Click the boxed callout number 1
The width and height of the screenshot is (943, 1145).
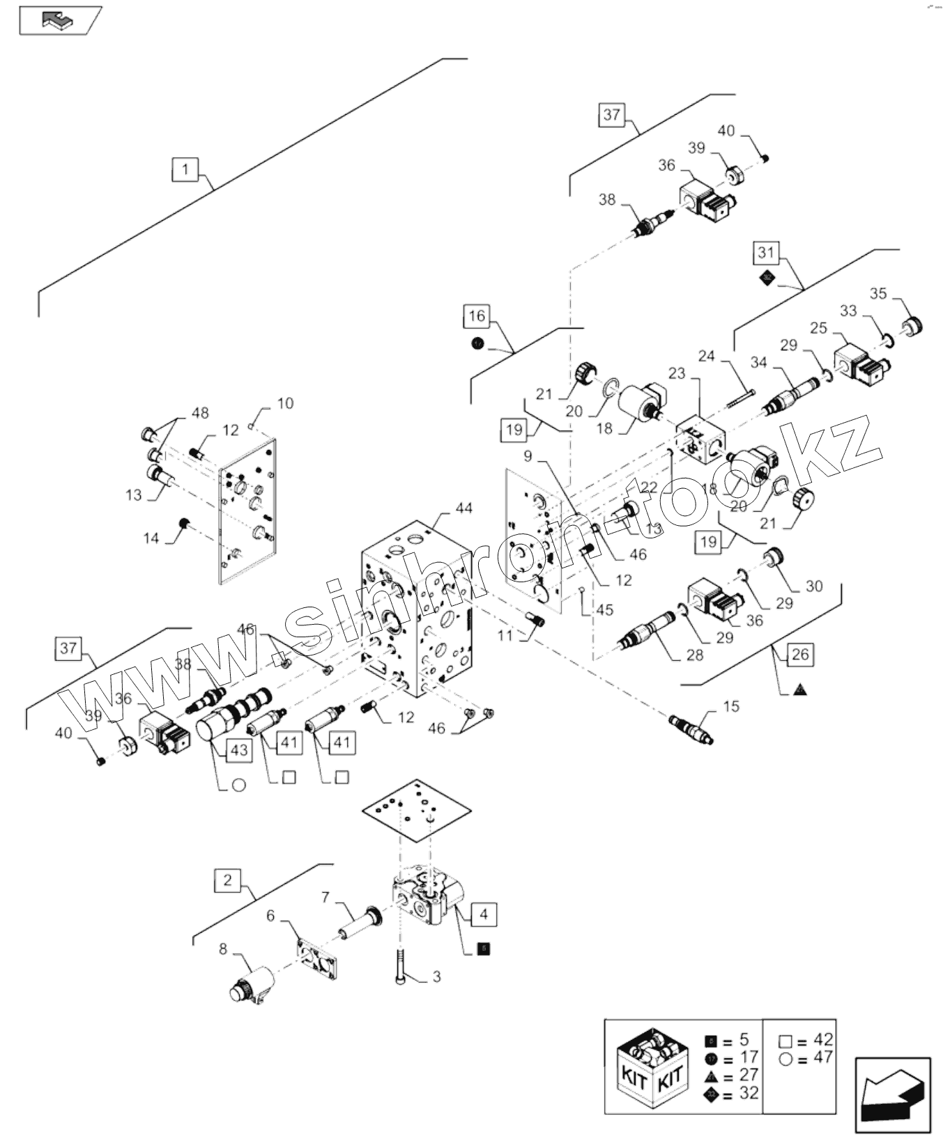(x=184, y=169)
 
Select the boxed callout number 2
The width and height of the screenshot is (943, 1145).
(x=227, y=880)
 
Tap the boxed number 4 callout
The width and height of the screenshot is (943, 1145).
(x=484, y=914)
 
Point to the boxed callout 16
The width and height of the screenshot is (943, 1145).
(x=477, y=316)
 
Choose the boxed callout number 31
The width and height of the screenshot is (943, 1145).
(x=766, y=252)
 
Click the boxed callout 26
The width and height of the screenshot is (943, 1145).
(x=800, y=654)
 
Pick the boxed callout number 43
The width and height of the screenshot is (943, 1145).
(x=239, y=750)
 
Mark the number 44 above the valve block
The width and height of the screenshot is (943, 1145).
(x=463, y=508)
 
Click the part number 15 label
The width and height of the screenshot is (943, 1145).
(x=730, y=707)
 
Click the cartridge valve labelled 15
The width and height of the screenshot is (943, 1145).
(x=691, y=728)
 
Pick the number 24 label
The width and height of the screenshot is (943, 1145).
(x=706, y=356)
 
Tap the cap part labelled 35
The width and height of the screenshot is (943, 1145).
(x=912, y=325)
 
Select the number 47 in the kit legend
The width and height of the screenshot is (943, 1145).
(x=823, y=1058)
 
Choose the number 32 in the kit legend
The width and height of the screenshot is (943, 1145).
(x=748, y=1093)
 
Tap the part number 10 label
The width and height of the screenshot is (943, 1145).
(x=285, y=403)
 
